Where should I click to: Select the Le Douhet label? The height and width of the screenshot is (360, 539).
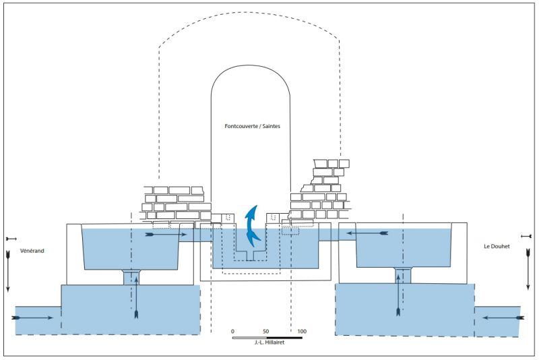(x=497, y=247)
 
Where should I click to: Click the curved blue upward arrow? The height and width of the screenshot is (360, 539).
(x=253, y=225)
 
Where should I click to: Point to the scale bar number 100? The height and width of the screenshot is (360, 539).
(x=302, y=332)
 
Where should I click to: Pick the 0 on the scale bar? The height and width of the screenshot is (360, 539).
(x=232, y=332)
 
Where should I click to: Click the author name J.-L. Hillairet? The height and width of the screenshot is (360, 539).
(x=267, y=343)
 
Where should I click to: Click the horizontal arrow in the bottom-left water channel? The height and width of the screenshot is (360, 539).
(x=32, y=317)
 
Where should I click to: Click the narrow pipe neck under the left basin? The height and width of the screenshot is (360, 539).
(x=132, y=276)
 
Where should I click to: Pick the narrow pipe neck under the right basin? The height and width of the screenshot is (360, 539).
(x=403, y=274)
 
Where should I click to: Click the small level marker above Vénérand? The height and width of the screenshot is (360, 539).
(x=10, y=239)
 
